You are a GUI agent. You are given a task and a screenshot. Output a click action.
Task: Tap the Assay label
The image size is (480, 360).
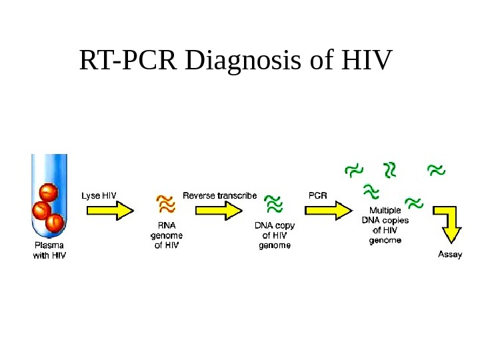pyautogui.click(x=449, y=254)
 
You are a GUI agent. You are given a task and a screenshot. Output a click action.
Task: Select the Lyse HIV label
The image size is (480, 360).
pyautogui.click(x=99, y=196)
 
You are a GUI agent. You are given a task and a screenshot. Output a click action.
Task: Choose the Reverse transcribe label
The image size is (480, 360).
pyautogui.click(x=219, y=196)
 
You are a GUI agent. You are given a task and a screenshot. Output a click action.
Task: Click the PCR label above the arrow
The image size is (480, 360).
pyautogui.click(x=317, y=196)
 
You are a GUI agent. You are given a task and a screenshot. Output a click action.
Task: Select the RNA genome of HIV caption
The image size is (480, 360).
pyautogui.click(x=167, y=235)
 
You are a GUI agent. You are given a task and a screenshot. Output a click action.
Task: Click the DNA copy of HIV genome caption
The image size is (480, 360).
pyautogui.click(x=275, y=235)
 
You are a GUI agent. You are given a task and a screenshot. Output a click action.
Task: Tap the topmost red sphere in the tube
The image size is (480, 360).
pyautogui.click(x=48, y=193)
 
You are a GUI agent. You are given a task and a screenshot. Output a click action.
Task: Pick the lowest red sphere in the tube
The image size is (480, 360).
pyautogui.click(x=55, y=222)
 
